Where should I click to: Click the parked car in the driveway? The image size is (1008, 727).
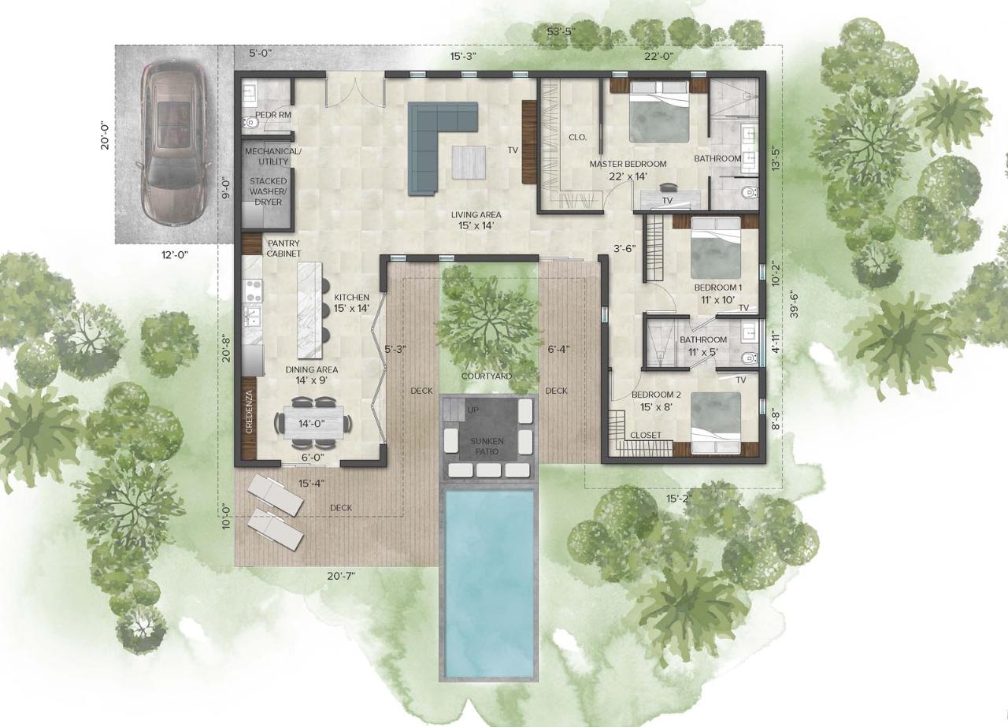[x=175, y=144]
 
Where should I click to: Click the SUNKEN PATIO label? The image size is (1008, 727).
[x=487, y=446]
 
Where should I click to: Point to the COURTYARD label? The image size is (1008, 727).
[x=487, y=376]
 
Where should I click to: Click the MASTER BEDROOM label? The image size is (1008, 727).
[x=628, y=165]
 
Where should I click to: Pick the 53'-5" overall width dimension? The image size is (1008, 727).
[x=561, y=32]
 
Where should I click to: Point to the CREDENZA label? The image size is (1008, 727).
[x=250, y=412]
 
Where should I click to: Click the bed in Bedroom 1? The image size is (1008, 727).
[x=716, y=248]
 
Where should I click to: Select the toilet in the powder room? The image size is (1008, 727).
[x=250, y=122]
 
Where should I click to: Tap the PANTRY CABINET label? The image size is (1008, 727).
[x=283, y=248]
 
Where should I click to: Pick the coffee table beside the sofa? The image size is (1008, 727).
[x=469, y=162]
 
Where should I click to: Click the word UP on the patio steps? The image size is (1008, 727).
[x=473, y=410]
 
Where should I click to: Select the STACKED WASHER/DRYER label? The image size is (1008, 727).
[x=269, y=191]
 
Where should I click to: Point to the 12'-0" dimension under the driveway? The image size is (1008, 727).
[x=175, y=255]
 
